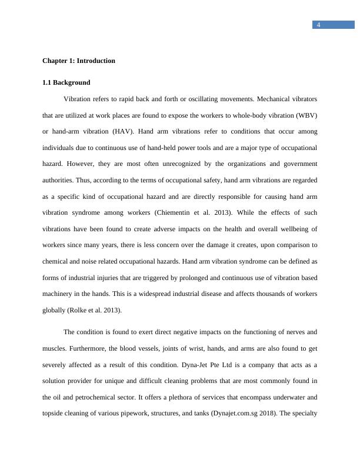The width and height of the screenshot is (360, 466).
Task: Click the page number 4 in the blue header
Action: tap(318, 25)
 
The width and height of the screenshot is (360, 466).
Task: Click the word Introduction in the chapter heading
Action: tap(96, 61)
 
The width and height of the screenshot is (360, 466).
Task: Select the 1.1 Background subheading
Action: tap(66, 82)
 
